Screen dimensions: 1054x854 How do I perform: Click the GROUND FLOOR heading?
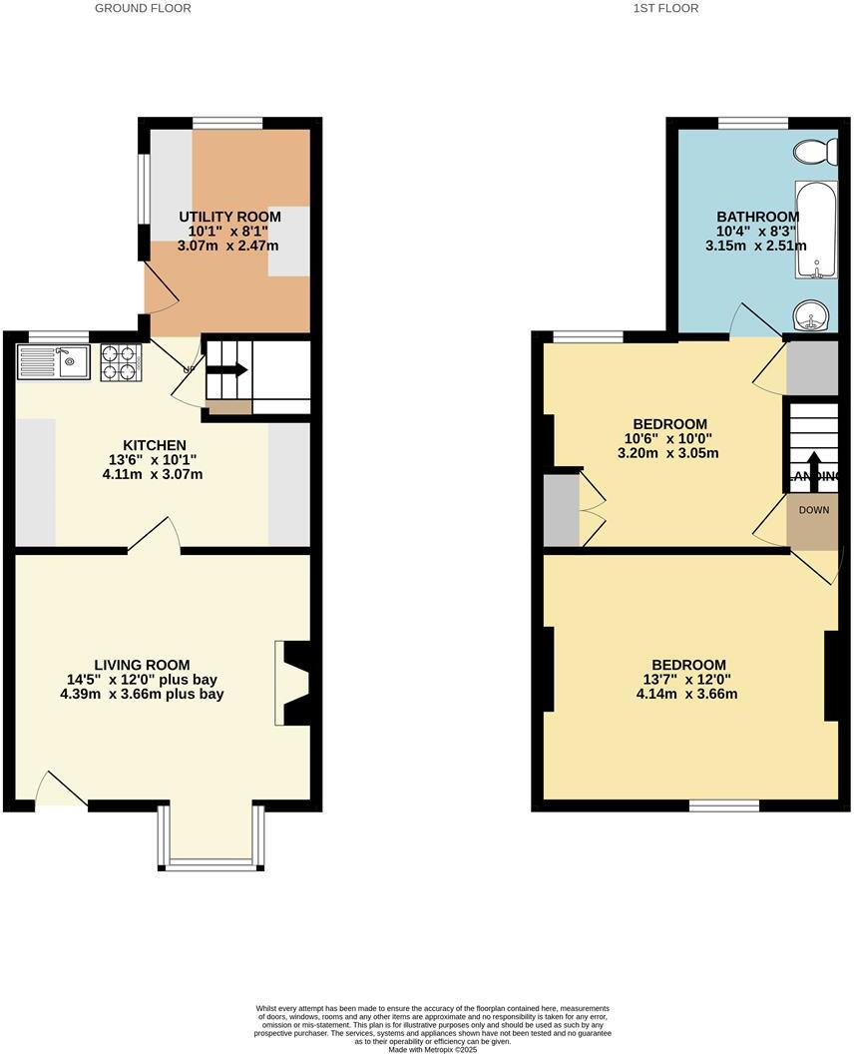click(143, 8)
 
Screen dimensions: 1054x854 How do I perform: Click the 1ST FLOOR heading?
click(665, 8)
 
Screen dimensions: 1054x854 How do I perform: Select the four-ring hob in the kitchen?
click(120, 361)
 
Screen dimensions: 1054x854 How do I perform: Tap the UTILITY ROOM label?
click(229, 217)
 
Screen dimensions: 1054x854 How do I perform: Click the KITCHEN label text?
click(155, 445)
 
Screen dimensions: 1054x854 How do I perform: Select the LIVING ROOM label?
click(142, 665)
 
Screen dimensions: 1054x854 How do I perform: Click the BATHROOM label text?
click(757, 217)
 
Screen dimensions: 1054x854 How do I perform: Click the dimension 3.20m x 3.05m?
click(670, 453)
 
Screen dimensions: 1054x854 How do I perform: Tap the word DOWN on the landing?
click(813, 510)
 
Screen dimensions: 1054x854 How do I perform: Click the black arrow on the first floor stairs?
click(813, 466)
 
